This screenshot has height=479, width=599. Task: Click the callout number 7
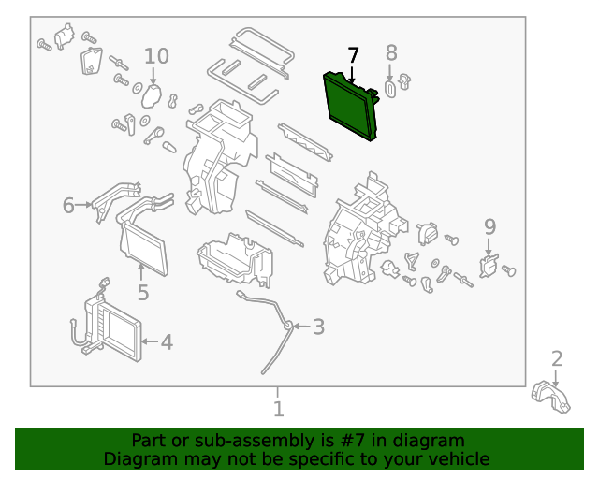pyautogui.click(x=353, y=55)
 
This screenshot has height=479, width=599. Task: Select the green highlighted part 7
pyautogui.click(x=350, y=104)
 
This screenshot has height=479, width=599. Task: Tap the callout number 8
pyautogui.click(x=391, y=53)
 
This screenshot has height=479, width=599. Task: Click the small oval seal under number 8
pyautogui.click(x=391, y=89)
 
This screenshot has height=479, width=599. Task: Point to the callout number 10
pyautogui.click(x=156, y=56)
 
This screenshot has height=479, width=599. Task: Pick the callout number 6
pyautogui.click(x=68, y=205)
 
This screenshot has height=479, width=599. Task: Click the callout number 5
pyautogui.click(x=142, y=293)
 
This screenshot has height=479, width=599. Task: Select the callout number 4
pyautogui.click(x=167, y=342)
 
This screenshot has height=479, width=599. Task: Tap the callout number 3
pyautogui.click(x=318, y=327)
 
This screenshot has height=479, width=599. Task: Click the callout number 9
pyautogui.click(x=489, y=225)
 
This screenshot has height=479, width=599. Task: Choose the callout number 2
pyautogui.click(x=557, y=358)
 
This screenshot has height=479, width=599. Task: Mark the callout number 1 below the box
pyautogui.click(x=278, y=409)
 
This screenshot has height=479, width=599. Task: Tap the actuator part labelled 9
pyautogui.click(x=488, y=266)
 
